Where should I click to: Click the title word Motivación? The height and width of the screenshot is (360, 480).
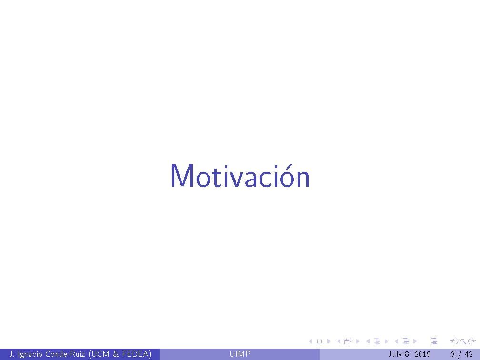point(240,176)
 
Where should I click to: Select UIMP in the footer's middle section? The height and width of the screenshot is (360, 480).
point(240,354)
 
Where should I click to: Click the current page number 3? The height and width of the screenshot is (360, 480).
point(452,354)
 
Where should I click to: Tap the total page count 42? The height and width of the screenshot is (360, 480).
point(469,354)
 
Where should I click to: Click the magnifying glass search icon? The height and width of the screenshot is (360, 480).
point(463,341)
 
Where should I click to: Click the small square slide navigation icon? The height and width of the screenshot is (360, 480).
point(320,341)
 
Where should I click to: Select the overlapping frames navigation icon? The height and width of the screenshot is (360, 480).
point(347,341)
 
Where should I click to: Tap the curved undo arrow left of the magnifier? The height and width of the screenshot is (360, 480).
point(454,341)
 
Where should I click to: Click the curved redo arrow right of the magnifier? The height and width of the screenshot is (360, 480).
point(471,341)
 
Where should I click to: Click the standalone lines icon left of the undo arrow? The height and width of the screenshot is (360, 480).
point(434,341)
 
